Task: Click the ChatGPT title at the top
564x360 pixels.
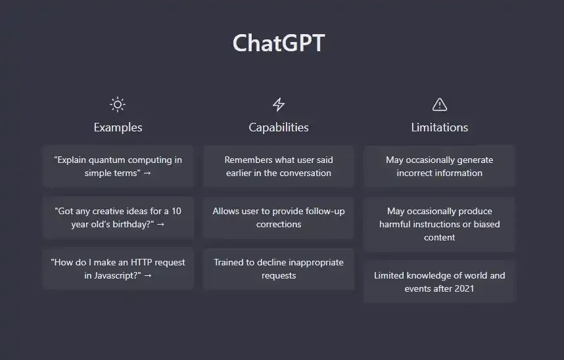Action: (x=279, y=43)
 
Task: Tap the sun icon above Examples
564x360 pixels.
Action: (x=118, y=104)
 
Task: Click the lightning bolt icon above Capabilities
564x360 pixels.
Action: (x=279, y=104)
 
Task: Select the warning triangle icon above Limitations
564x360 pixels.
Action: (x=440, y=104)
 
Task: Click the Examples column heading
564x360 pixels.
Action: (x=118, y=127)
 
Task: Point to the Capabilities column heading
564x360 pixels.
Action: (x=279, y=127)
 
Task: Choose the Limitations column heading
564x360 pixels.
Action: (x=440, y=127)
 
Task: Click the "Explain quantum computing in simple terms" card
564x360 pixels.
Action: (x=118, y=166)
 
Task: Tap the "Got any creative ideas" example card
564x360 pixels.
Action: (x=118, y=217)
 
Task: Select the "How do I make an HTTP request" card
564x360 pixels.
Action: (x=118, y=269)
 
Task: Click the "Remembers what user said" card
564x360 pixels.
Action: (x=279, y=166)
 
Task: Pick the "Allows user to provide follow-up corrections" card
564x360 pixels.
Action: (x=279, y=217)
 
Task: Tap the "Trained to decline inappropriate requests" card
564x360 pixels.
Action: (x=279, y=269)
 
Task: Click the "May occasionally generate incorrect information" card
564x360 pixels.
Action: (x=440, y=166)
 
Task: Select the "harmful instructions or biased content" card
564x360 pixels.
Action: (x=440, y=224)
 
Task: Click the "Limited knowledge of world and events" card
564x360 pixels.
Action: (x=440, y=282)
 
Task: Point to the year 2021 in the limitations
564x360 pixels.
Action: (x=464, y=289)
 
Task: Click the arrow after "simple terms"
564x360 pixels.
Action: (x=147, y=173)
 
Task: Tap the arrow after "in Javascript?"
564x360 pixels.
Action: (x=147, y=275)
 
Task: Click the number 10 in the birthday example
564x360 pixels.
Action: (x=176, y=211)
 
